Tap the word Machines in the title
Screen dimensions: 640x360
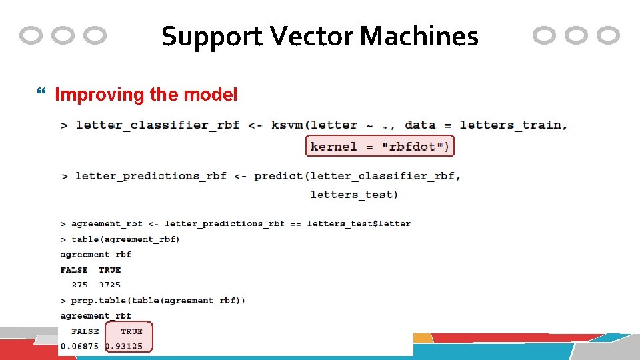click(x=419, y=36)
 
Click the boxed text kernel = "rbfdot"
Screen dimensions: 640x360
click(x=379, y=146)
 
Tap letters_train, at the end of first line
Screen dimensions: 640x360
click(x=513, y=125)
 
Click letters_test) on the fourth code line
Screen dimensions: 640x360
click(x=353, y=195)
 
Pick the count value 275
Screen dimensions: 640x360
click(x=79, y=285)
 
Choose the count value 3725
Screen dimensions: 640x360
click(x=109, y=285)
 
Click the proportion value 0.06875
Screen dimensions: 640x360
click(x=79, y=346)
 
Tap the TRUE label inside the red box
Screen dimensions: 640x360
click(x=131, y=331)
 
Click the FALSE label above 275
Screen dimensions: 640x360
click(x=74, y=270)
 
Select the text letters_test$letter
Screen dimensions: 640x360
click(x=359, y=223)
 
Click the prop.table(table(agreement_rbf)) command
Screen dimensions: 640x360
click(x=158, y=301)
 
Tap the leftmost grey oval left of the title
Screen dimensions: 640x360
click(x=31, y=35)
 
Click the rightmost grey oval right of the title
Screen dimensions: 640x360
click(x=608, y=35)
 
